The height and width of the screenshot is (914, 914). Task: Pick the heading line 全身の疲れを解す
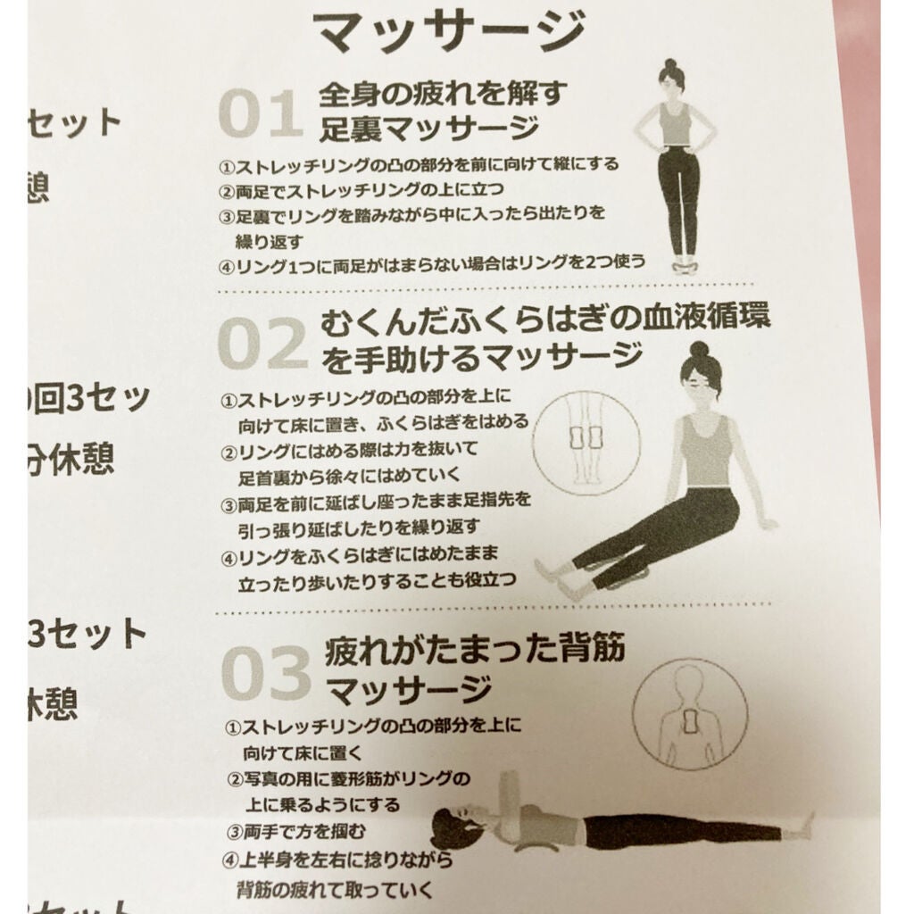coord(443,92)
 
